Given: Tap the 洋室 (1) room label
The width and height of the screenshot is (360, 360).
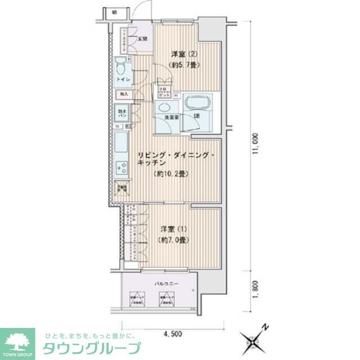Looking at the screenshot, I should pyautogui.click(x=172, y=229).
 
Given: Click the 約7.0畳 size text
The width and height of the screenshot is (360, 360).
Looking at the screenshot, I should pyautogui.click(x=172, y=240).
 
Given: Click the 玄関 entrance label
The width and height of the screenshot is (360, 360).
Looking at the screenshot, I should pyautogui.click(x=142, y=39).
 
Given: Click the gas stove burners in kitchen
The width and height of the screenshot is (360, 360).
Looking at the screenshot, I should pyautogui.click(x=121, y=166).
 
